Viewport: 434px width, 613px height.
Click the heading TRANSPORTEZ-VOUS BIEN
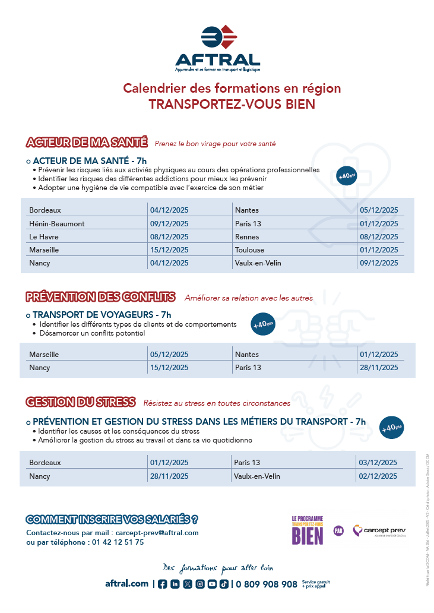(232, 105)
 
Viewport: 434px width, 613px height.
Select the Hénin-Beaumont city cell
(57, 224)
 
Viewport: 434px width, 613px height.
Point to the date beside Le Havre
(169, 237)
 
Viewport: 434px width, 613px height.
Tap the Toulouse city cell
(249, 250)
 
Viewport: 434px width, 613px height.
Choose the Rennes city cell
(248, 237)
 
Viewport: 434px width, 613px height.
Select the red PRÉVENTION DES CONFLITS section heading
(100, 297)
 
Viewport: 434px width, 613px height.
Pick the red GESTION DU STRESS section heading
(81, 402)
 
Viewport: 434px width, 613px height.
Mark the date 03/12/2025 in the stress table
(378, 463)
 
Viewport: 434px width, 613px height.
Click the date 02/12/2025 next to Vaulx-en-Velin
(378, 476)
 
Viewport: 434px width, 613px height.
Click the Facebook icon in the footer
(163, 584)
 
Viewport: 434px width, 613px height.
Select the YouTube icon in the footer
(212, 584)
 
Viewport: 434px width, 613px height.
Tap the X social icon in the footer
(188, 584)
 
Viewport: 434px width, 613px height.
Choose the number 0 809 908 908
(267, 584)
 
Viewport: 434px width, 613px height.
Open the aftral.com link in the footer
(126, 584)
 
